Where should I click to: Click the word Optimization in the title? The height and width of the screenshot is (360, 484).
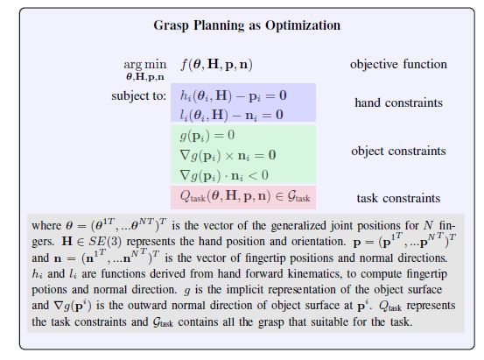click(303, 25)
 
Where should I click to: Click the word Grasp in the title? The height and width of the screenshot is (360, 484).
click(171, 25)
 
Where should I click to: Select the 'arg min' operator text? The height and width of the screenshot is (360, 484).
click(144, 65)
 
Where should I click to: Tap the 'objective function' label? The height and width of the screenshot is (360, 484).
click(398, 64)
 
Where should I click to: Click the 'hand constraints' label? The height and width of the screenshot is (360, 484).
click(398, 102)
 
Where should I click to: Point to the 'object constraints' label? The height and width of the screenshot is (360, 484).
click(398, 152)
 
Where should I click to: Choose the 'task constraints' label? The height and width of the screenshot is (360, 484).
click(398, 198)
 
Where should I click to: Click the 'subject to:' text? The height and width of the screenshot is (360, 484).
click(139, 95)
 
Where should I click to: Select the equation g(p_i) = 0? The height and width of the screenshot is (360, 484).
click(207, 136)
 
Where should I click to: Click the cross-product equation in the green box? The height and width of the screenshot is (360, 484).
click(228, 155)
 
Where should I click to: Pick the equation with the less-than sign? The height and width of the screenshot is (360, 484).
click(224, 175)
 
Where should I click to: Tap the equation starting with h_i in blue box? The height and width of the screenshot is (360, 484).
click(234, 95)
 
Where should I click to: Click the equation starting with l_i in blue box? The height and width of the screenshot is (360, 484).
click(232, 115)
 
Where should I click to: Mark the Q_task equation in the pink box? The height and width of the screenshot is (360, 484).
click(245, 196)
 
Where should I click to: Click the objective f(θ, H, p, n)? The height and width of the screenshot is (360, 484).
click(217, 65)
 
